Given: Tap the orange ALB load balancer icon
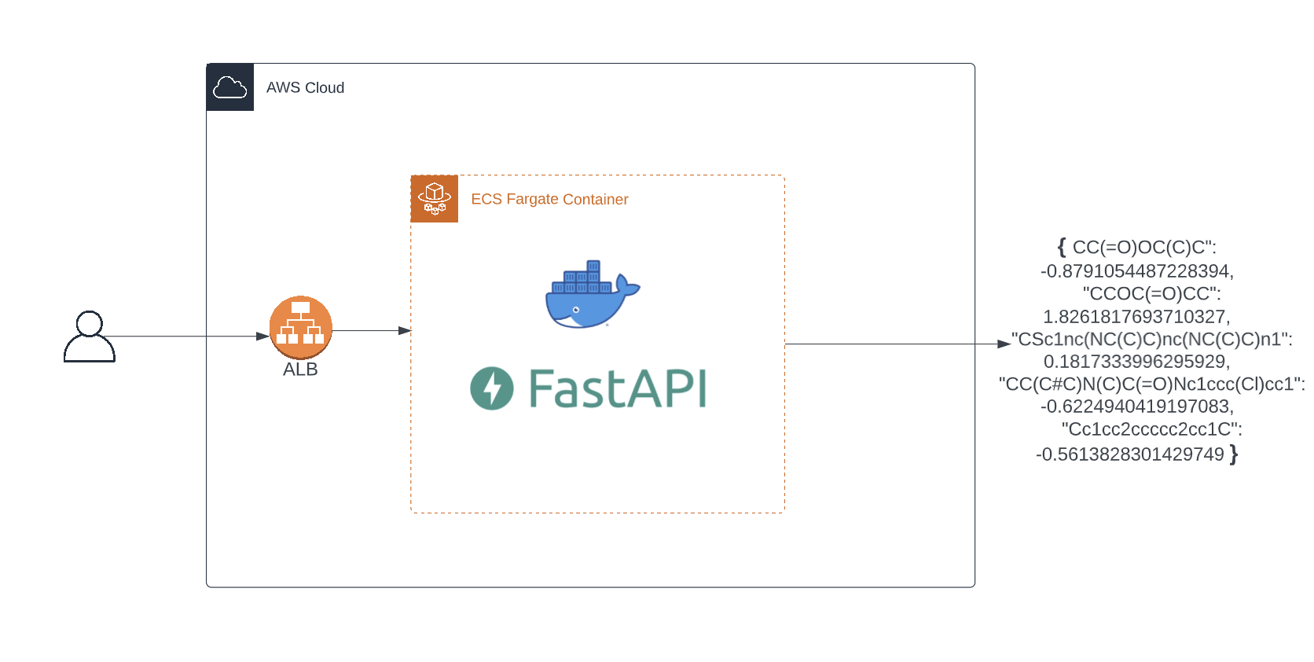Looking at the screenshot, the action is point(301,328).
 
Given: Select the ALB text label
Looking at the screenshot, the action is point(300,370).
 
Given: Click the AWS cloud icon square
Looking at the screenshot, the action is point(230,86).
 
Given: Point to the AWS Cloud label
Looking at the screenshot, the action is point(305,87).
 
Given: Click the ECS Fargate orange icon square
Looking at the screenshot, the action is point(434,199).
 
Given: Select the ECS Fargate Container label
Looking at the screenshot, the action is point(549,199).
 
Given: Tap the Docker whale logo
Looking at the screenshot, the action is point(593,294).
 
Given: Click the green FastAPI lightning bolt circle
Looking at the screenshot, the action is point(492,388).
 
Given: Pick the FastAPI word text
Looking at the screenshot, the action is point(618,388).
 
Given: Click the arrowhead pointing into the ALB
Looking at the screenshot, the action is point(262,337).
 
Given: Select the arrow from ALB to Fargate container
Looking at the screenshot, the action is point(372,330).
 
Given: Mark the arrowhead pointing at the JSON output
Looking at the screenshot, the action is point(1004,344).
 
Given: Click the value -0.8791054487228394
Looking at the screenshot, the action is point(1137,271).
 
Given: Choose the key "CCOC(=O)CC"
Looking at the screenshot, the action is point(1151,293).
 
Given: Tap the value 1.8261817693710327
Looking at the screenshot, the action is point(1136,316).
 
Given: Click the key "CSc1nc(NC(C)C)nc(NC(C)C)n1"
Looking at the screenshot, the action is point(1151,339).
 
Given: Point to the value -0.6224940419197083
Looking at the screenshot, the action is point(1137,406).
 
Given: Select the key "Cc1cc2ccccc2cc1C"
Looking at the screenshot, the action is point(1151,429).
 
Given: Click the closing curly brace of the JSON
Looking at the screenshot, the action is point(1234,454).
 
